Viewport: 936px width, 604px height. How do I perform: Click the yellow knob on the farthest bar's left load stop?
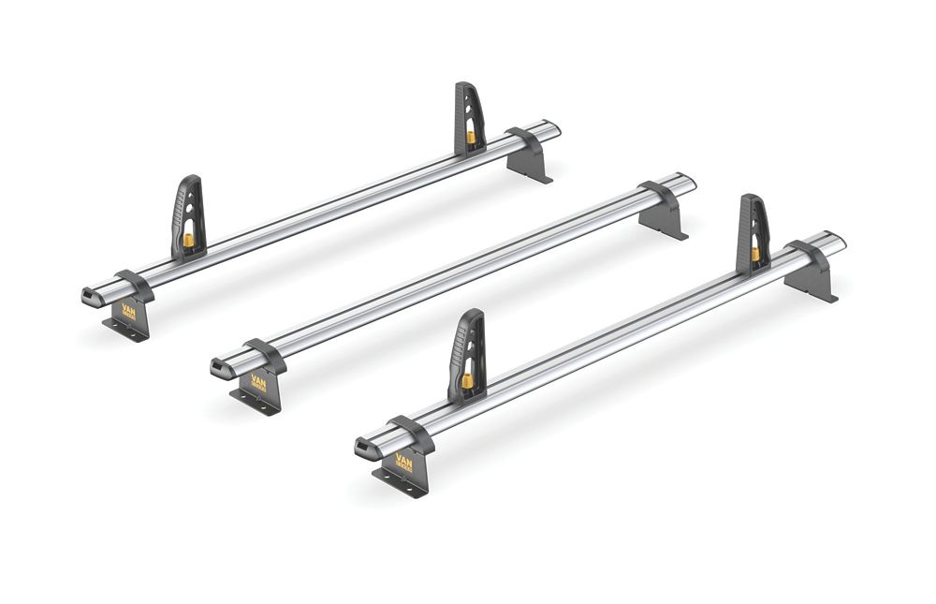(x=188, y=241)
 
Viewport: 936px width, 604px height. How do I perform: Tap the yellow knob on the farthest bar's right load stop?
(x=471, y=137)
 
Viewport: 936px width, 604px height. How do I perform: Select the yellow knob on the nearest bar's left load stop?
(x=464, y=381)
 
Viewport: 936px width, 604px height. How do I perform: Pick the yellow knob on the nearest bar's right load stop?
(x=755, y=254)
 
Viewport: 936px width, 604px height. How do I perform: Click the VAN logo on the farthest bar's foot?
(x=129, y=312)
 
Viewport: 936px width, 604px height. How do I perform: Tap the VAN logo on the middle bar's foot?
(x=258, y=384)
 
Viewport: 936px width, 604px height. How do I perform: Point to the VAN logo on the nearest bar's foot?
(x=403, y=462)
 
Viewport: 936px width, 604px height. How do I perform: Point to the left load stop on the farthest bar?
(x=186, y=214)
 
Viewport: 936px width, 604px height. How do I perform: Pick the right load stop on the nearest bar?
(x=753, y=229)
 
